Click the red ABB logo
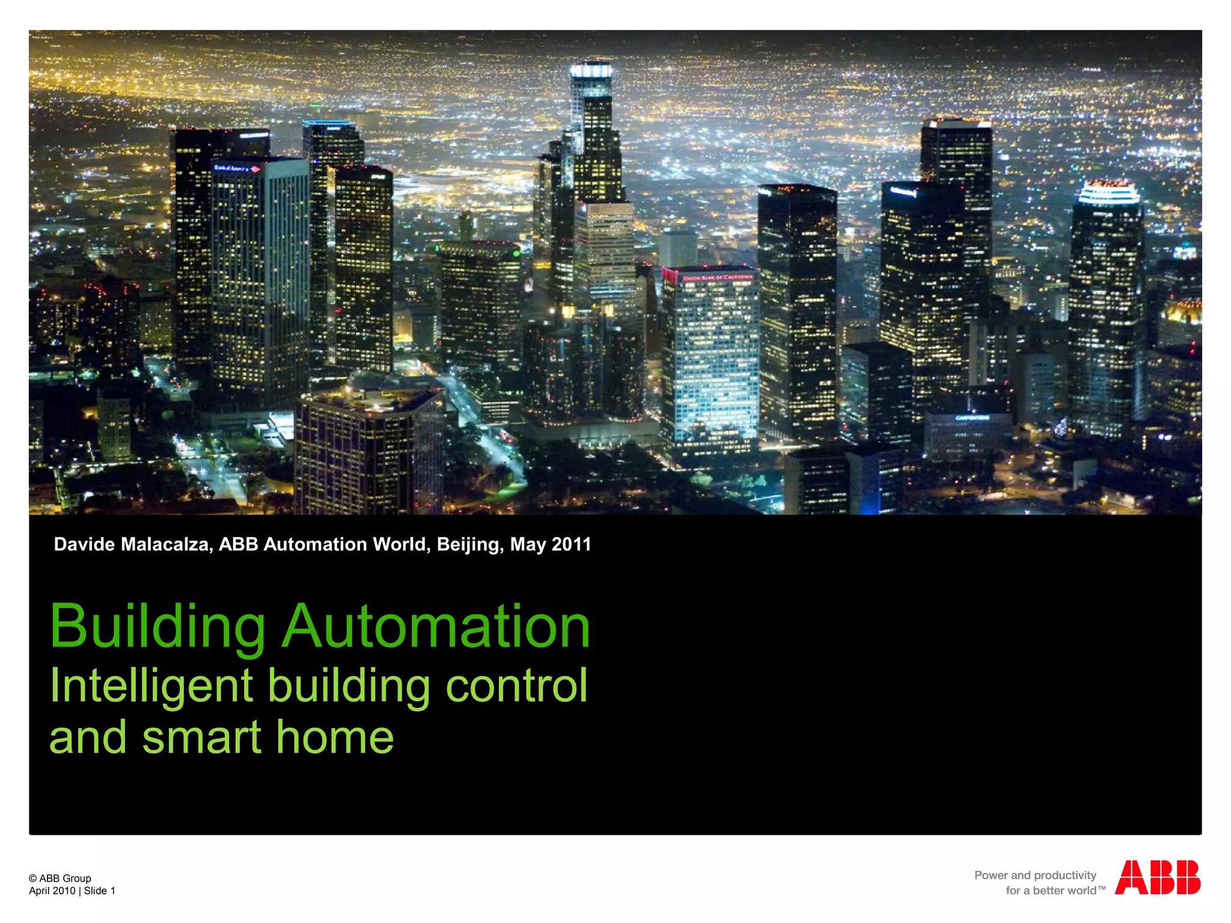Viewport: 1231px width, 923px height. tap(1157, 877)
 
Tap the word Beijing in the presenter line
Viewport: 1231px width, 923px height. tap(470, 544)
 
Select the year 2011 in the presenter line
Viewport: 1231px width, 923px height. tap(571, 544)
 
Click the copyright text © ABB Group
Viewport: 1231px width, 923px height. tap(60, 878)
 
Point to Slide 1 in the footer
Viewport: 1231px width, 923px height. tap(99, 891)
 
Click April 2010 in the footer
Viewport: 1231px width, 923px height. tap(52, 891)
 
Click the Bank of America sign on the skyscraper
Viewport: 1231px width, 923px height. tap(237, 168)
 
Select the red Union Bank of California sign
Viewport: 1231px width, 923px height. tap(716, 278)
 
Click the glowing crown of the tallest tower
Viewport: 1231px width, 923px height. tap(591, 71)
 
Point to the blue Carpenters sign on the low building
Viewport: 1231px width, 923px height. tap(972, 418)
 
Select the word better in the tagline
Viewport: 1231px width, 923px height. tap(1050, 891)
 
